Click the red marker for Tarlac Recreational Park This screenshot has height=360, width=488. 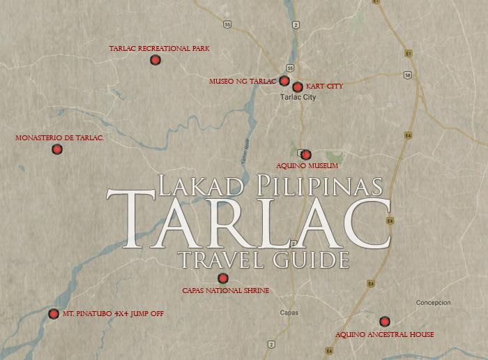[x=155, y=60]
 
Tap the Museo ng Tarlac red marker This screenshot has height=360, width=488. [x=284, y=81]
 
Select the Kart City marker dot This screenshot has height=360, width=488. [x=298, y=87]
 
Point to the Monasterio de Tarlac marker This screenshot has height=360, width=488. [x=57, y=149]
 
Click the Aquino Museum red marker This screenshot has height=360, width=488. [x=305, y=155]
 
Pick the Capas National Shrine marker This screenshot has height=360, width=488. [x=223, y=278]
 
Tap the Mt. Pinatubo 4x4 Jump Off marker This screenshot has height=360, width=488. [x=54, y=314]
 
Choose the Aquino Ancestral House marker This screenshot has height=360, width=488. [x=384, y=322]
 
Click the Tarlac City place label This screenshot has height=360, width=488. [x=298, y=98]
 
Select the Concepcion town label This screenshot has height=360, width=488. [x=434, y=303]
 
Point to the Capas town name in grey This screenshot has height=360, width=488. [x=289, y=313]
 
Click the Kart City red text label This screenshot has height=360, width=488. [x=324, y=87]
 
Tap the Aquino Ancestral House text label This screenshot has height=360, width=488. [x=384, y=335]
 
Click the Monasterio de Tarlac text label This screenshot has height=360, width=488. [x=59, y=138]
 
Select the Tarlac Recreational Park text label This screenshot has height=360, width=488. [x=159, y=49]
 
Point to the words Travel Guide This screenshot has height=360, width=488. [x=263, y=260]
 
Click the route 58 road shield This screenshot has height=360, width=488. [x=407, y=75]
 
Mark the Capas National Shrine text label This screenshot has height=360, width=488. [x=225, y=290]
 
